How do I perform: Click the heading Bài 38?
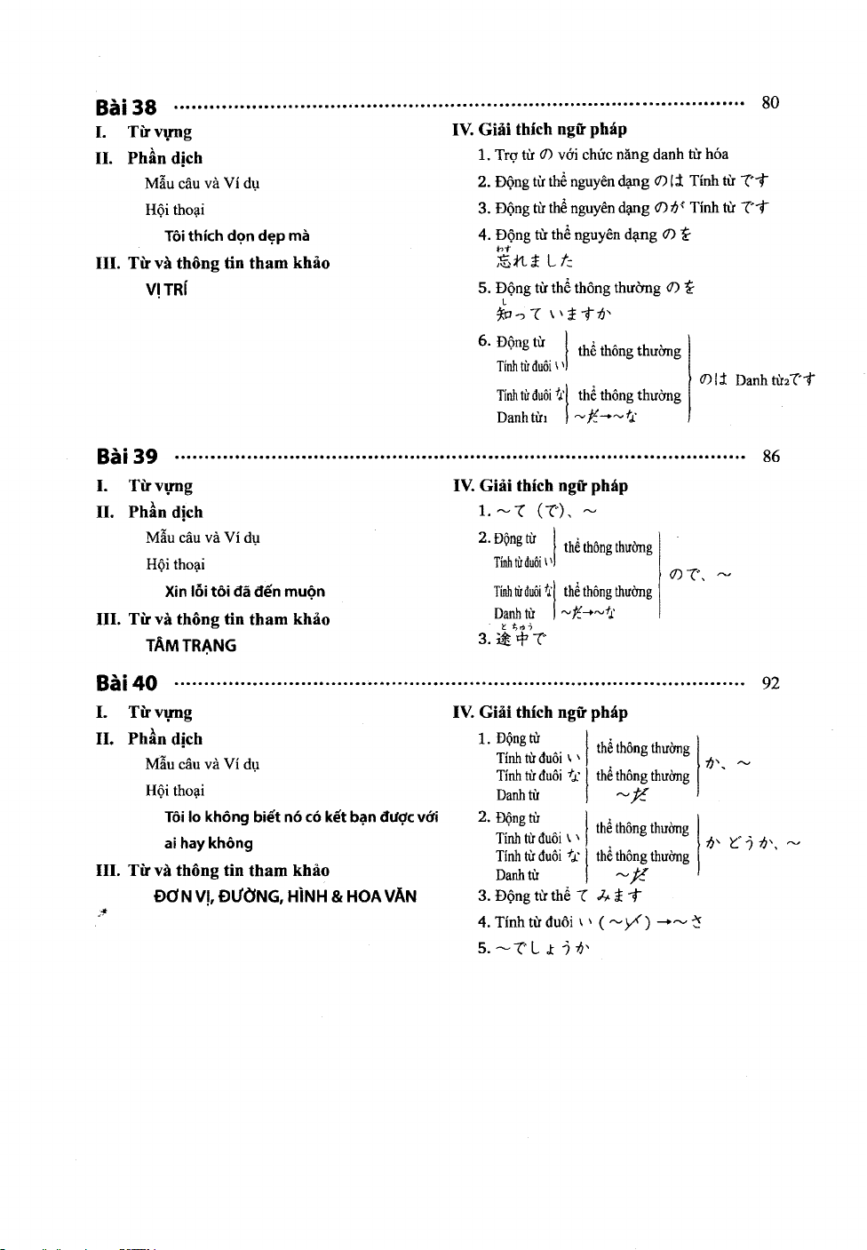(126, 107)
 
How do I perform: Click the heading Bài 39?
(127, 457)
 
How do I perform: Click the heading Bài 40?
(126, 683)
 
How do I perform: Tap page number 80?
(770, 102)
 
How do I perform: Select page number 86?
(771, 457)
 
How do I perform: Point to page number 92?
(771, 683)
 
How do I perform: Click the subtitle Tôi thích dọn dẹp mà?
(236, 235)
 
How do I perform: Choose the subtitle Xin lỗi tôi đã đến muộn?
(244, 591)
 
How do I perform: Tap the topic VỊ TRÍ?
(166, 290)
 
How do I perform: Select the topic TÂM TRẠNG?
(191, 646)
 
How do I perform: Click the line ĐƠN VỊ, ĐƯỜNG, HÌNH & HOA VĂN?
(284, 896)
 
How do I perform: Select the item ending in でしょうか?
(533, 948)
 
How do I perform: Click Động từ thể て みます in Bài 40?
(560, 896)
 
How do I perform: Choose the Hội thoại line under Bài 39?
(175, 564)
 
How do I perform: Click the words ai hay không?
(208, 843)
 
